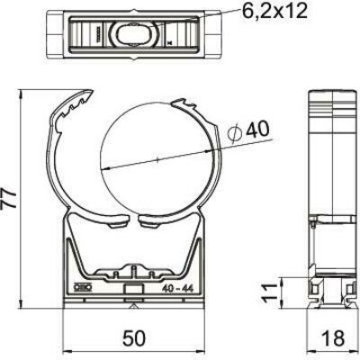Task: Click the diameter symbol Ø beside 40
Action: click(236, 134)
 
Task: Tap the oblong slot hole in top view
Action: click(136, 34)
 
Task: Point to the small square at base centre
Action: click(134, 291)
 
